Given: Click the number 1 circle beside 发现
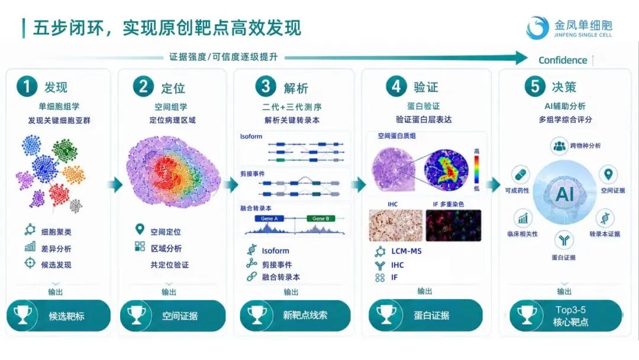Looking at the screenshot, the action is coord(27,86).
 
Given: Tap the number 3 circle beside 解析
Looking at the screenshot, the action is coord(266,86).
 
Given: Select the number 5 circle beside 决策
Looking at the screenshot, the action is coord(535,86).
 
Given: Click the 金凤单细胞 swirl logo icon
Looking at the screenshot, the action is coord(537,28).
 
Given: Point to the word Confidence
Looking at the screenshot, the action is coord(563,60).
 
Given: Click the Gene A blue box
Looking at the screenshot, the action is coord(269,218).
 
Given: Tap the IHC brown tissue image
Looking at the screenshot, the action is coord(396,226).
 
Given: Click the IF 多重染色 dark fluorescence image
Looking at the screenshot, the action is coord(454,226).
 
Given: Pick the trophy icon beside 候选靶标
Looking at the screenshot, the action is coord(23,315).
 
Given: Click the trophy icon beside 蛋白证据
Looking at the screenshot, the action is coord(386,315).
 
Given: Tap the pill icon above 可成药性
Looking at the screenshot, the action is coord(521,175).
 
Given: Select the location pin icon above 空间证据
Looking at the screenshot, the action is coord(608,175).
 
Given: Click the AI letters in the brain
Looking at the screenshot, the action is coord(565,194).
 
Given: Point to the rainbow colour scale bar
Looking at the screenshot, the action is coord(476,169).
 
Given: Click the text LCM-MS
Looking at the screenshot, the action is coord(406,251).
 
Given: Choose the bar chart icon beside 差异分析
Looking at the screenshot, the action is coord(30,247).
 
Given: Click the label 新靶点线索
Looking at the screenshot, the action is coord(305,315).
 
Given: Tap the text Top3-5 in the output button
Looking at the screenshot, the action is coord(570,310).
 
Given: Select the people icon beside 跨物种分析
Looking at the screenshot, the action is coord(560,146).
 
